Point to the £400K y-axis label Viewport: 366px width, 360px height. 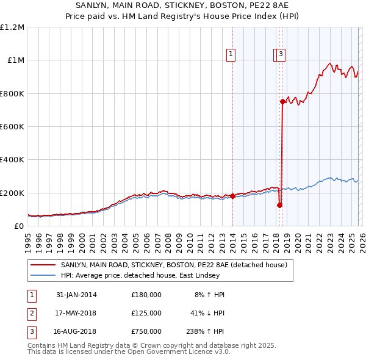click(12, 160)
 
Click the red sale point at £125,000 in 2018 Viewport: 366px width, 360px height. click(280, 205)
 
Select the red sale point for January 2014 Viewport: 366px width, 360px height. click(233, 196)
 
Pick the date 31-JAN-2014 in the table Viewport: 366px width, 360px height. click(76, 295)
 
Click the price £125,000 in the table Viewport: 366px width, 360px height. click(146, 313)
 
